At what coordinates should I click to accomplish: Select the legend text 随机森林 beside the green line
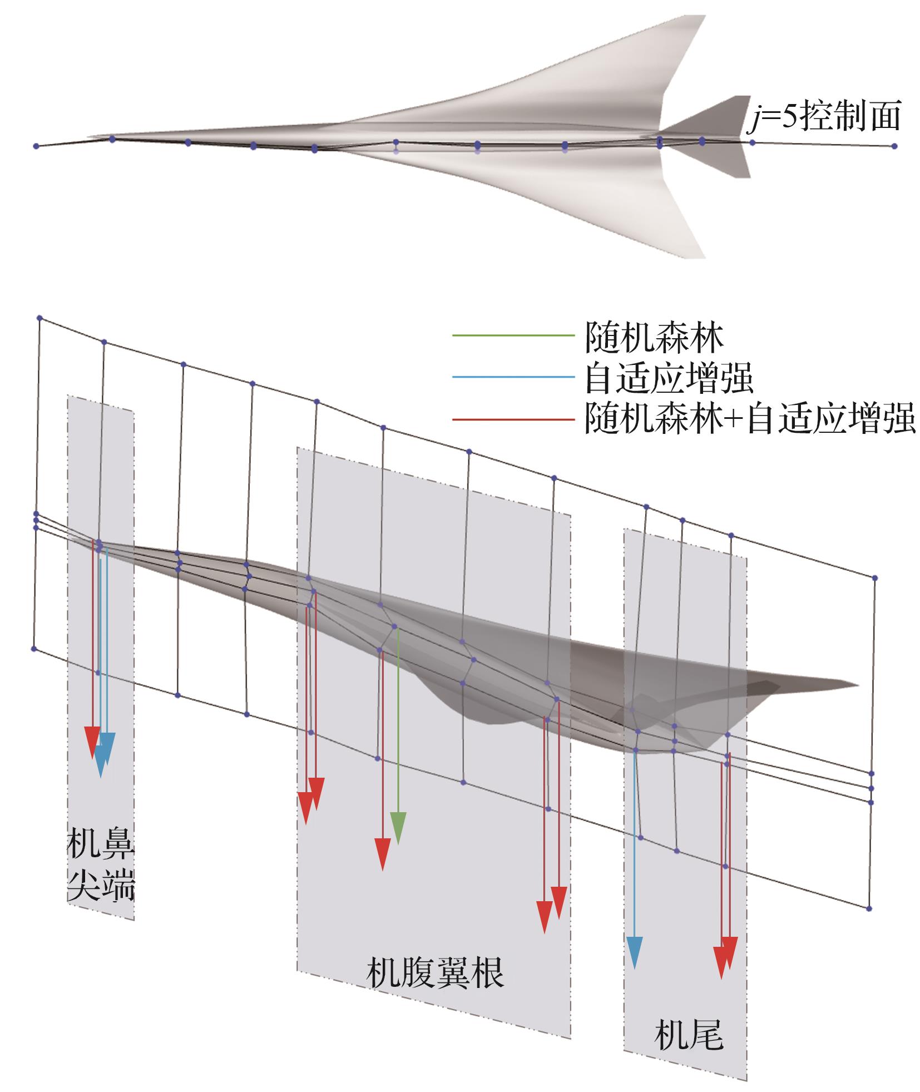(x=654, y=337)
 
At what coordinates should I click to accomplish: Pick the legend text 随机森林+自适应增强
(x=749, y=419)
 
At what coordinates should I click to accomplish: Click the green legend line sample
(x=512, y=336)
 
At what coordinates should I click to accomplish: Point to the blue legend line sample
(x=512, y=377)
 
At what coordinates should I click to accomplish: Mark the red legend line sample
(x=512, y=418)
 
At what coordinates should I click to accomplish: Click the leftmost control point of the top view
(x=36, y=146)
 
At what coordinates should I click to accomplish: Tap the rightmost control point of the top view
(x=894, y=146)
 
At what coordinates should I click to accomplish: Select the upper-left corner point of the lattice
(x=39, y=318)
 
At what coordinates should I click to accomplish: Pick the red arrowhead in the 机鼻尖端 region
(x=92, y=742)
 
